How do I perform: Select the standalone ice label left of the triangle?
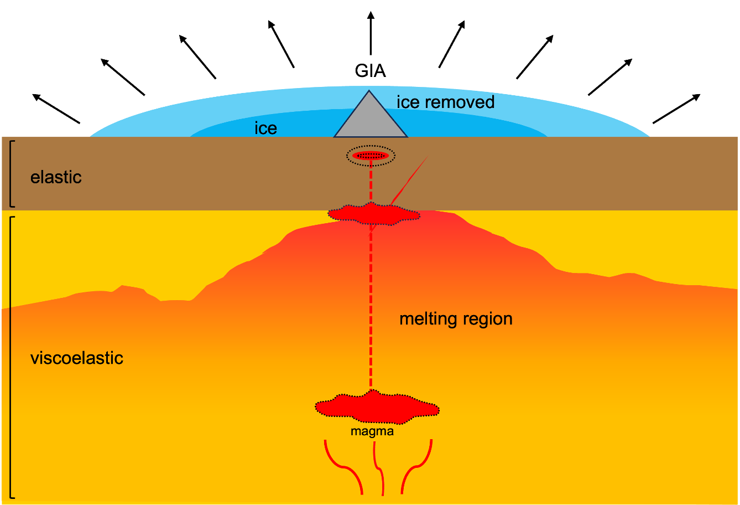pos(265,128)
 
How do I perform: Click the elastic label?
pos(56,177)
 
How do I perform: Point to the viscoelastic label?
pos(76,358)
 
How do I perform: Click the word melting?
pos(428,320)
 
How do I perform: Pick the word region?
pos(487,320)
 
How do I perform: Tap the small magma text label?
pos(372,431)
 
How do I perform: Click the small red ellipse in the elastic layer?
pos(371,156)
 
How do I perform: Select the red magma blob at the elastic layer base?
pos(373,213)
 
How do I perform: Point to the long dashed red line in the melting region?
pos(371,310)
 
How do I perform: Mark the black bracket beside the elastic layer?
pos(12,173)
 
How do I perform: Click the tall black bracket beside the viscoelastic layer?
pos(12,357)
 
